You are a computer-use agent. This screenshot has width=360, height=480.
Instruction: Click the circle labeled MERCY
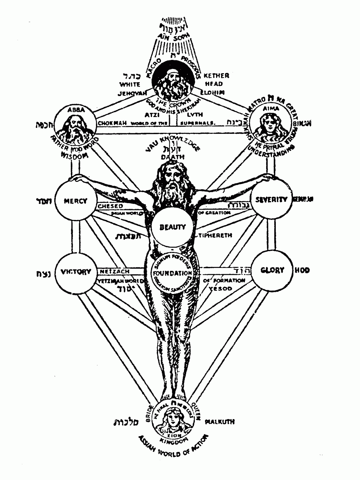click(x=76, y=201)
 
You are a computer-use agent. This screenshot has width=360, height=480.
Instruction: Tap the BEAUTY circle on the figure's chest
click(x=172, y=227)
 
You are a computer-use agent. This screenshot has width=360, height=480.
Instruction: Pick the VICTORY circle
click(x=76, y=271)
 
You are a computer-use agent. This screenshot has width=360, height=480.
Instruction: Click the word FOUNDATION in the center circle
click(x=172, y=273)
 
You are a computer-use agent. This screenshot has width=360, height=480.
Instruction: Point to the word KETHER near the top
click(x=216, y=76)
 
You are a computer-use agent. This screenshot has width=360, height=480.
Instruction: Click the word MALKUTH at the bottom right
click(x=220, y=421)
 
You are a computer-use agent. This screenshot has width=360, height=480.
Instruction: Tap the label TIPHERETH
click(x=215, y=235)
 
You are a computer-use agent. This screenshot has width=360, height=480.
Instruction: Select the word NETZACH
click(x=115, y=271)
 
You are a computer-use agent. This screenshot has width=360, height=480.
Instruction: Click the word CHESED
click(x=111, y=206)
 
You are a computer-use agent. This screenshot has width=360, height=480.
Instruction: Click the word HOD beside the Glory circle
click(x=302, y=270)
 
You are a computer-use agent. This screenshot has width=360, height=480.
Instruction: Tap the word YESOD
click(x=222, y=288)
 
